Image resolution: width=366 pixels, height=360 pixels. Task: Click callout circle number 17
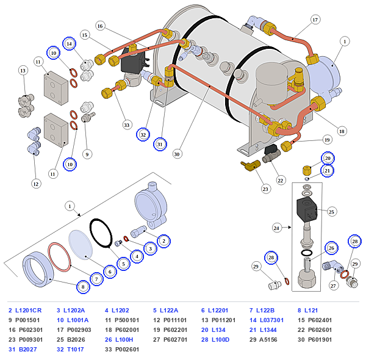pos(315,20)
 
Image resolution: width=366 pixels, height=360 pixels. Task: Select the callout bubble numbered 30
pos(177,154)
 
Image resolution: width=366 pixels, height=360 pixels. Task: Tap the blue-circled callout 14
pos(69,44)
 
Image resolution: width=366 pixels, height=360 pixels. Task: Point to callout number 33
pos(127,125)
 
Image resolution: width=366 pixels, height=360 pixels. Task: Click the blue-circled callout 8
pos(83,287)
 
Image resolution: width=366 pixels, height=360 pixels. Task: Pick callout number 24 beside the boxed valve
pos(276,228)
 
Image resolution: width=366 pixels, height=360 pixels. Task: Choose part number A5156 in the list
pos(268,339)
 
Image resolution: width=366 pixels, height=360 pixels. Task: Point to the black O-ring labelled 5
pos(101,232)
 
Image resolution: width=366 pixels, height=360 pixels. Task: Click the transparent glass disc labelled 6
pos(81,245)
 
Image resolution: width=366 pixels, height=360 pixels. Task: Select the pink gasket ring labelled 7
pos(59,257)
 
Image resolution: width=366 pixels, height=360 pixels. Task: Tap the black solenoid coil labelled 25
pos(307,210)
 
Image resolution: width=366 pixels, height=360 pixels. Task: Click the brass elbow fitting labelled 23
pos(251,165)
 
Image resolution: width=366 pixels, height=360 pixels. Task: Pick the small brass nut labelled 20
pos(307,171)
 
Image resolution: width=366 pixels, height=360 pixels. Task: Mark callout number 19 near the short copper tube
pos(327,140)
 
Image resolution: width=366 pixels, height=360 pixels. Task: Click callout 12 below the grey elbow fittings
pos(36,184)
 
